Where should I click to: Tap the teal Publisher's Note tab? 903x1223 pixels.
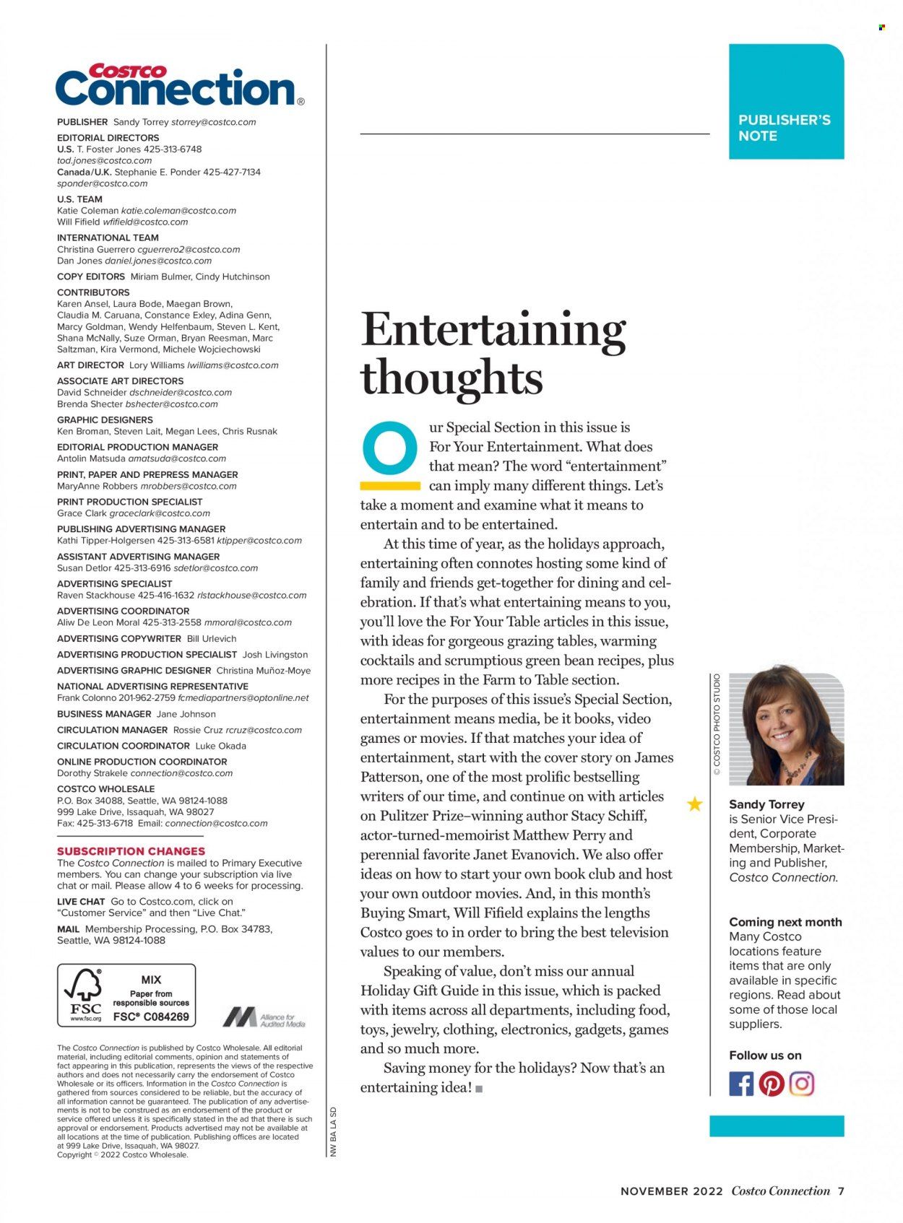click(785, 102)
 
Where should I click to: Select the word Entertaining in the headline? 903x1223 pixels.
click(493, 331)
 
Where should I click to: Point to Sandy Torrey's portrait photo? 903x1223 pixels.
click(786, 729)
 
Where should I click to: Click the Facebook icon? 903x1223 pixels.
click(741, 1084)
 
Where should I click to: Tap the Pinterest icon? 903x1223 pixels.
click(772, 1084)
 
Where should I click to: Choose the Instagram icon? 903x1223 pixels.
click(802, 1084)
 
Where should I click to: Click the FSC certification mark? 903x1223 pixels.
click(126, 995)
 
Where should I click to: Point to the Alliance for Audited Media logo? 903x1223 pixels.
click(264, 1017)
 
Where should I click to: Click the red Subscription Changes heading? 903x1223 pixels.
click(131, 851)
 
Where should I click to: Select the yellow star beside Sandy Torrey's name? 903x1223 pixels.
click(695, 804)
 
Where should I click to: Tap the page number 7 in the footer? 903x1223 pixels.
click(841, 1191)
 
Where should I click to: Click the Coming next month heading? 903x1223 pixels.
click(785, 922)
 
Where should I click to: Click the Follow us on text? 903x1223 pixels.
click(765, 1056)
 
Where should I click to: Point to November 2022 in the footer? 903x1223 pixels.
click(671, 1191)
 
